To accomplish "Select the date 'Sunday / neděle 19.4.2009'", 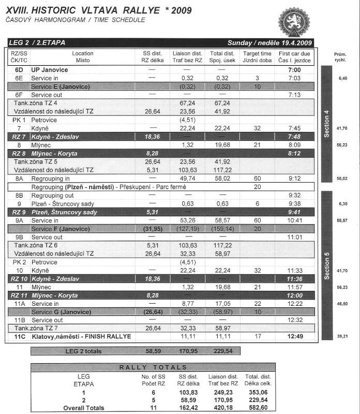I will [269, 42].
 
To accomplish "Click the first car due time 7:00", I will [294, 69].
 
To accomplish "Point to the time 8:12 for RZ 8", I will [294, 153].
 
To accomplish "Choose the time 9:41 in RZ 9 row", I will [294, 212].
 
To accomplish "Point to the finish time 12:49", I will [294, 336].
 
